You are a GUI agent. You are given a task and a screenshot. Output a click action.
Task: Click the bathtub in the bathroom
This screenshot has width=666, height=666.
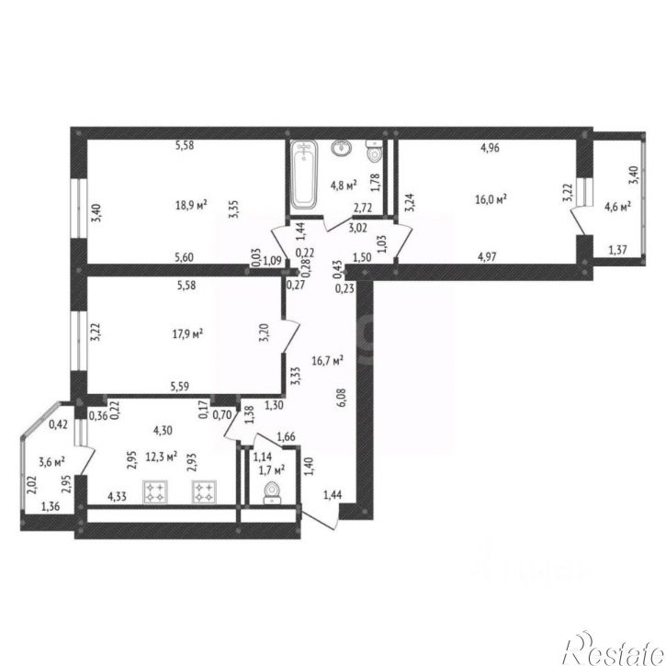[x=304, y=175]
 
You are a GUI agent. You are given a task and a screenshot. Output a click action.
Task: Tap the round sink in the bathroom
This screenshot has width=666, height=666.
[x=341, y=148]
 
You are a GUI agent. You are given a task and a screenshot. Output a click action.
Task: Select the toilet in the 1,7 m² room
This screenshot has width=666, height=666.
[x=271, y=493]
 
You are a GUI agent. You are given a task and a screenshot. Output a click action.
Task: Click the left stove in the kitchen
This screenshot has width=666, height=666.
[x=155, y=491]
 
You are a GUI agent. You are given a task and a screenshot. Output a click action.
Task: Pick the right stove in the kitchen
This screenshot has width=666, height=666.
[x=204, y=491]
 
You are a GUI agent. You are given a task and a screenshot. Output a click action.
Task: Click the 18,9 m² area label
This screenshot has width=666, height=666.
[x=191, y=205]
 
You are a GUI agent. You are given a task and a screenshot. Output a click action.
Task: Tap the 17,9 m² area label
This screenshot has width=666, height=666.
[x=187, y=333]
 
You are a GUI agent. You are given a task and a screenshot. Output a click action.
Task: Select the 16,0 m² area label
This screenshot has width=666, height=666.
[x=491, y=199]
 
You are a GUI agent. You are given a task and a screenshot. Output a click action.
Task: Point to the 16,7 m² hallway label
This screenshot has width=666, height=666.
[x=327, y=361]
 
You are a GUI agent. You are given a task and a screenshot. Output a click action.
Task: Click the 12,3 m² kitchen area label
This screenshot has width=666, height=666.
[x=162, y=457]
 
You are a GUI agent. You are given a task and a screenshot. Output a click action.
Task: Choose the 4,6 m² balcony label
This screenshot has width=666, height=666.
[x=617, y=207]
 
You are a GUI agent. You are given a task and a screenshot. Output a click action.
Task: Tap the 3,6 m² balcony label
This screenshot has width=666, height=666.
[x=51, y=462]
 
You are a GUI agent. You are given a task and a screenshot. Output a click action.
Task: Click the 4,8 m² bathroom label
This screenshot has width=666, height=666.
[x=344, y=186]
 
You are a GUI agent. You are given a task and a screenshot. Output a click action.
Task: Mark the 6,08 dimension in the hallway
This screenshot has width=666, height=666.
[x=341, y=398]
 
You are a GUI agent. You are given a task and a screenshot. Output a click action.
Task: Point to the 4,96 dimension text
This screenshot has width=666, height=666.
[x=490, y=148]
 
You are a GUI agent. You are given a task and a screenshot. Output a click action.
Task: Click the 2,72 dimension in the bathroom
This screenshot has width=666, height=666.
[x=363, y=208]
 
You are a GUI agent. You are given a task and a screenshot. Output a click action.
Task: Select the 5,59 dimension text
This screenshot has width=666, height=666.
[x=180, y=387]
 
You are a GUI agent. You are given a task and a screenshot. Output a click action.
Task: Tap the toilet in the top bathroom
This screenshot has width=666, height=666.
[x=374, y=151]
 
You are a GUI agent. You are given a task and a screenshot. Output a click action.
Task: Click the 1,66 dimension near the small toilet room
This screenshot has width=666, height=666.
[x=287, y=436]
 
